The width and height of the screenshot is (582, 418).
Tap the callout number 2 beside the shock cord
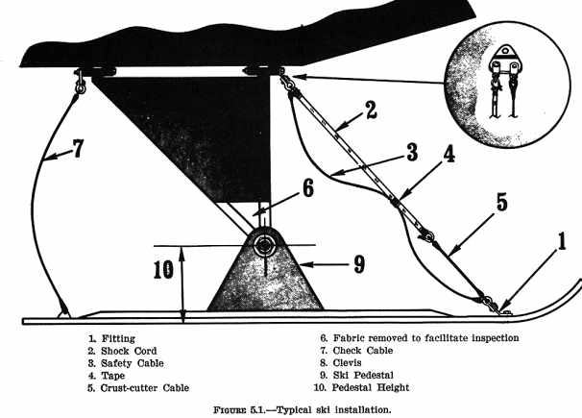370,111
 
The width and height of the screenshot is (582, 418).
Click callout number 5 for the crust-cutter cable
500,203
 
